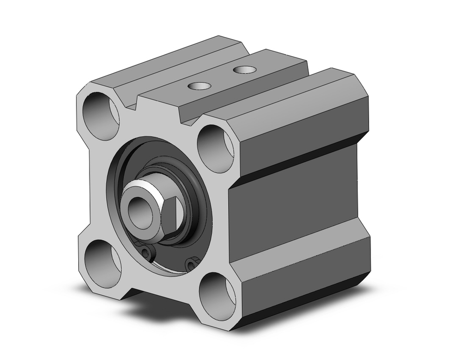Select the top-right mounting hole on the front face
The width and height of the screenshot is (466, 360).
[215, 148]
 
